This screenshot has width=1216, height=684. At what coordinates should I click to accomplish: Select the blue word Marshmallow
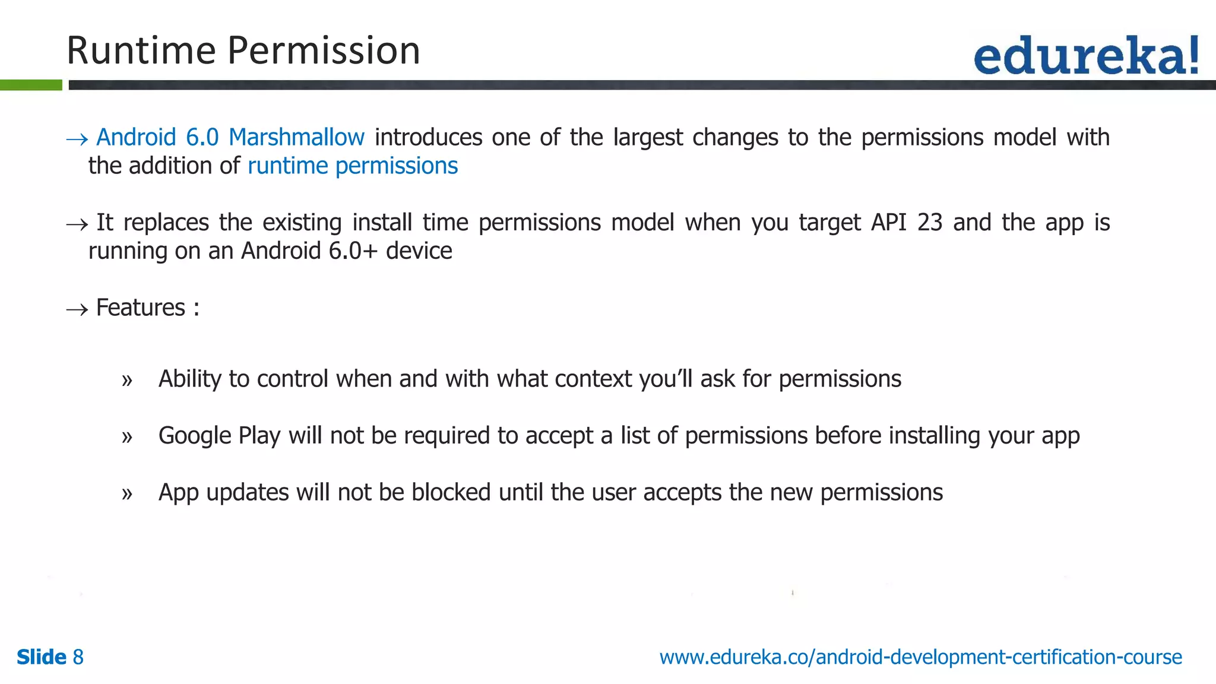coord(296,138)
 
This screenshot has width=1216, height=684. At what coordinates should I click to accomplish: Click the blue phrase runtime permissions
coord(353,166)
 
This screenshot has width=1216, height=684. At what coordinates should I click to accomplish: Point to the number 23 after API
coord(930,223)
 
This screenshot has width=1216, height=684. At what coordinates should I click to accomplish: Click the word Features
coord(141,308)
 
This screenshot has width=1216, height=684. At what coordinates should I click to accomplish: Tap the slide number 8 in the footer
coord(78,657)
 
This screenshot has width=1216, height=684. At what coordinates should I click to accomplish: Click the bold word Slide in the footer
coord(42,657)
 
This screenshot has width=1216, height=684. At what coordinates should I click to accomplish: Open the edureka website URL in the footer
coord(920,657)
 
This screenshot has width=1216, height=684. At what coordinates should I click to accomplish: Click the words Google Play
coord(219,436)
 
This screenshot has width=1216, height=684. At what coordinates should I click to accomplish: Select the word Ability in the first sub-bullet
coord(189,379)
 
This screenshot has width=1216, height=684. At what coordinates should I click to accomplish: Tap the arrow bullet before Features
coord(77,309)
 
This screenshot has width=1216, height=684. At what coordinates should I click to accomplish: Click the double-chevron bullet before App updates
coord(126,494)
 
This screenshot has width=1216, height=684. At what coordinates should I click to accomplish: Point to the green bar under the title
coord(31,85)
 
